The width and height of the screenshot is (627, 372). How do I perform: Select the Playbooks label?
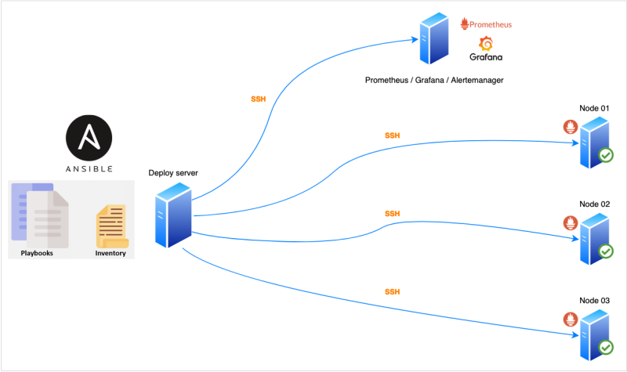(36, 253)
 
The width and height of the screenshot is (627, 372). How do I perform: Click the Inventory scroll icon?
(111, 226)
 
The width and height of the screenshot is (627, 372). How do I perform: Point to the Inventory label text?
(111, 253)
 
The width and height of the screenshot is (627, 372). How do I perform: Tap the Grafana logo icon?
(485, 44)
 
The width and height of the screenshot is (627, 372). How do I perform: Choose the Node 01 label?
(594, 108)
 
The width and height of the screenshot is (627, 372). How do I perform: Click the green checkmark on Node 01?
(606, 156)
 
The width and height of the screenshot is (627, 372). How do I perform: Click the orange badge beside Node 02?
(569, 222)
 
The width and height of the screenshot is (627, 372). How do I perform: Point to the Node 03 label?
(594, 301)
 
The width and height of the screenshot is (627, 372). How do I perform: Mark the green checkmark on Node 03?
(606, 347)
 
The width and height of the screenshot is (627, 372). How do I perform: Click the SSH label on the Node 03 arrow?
(392, 291)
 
